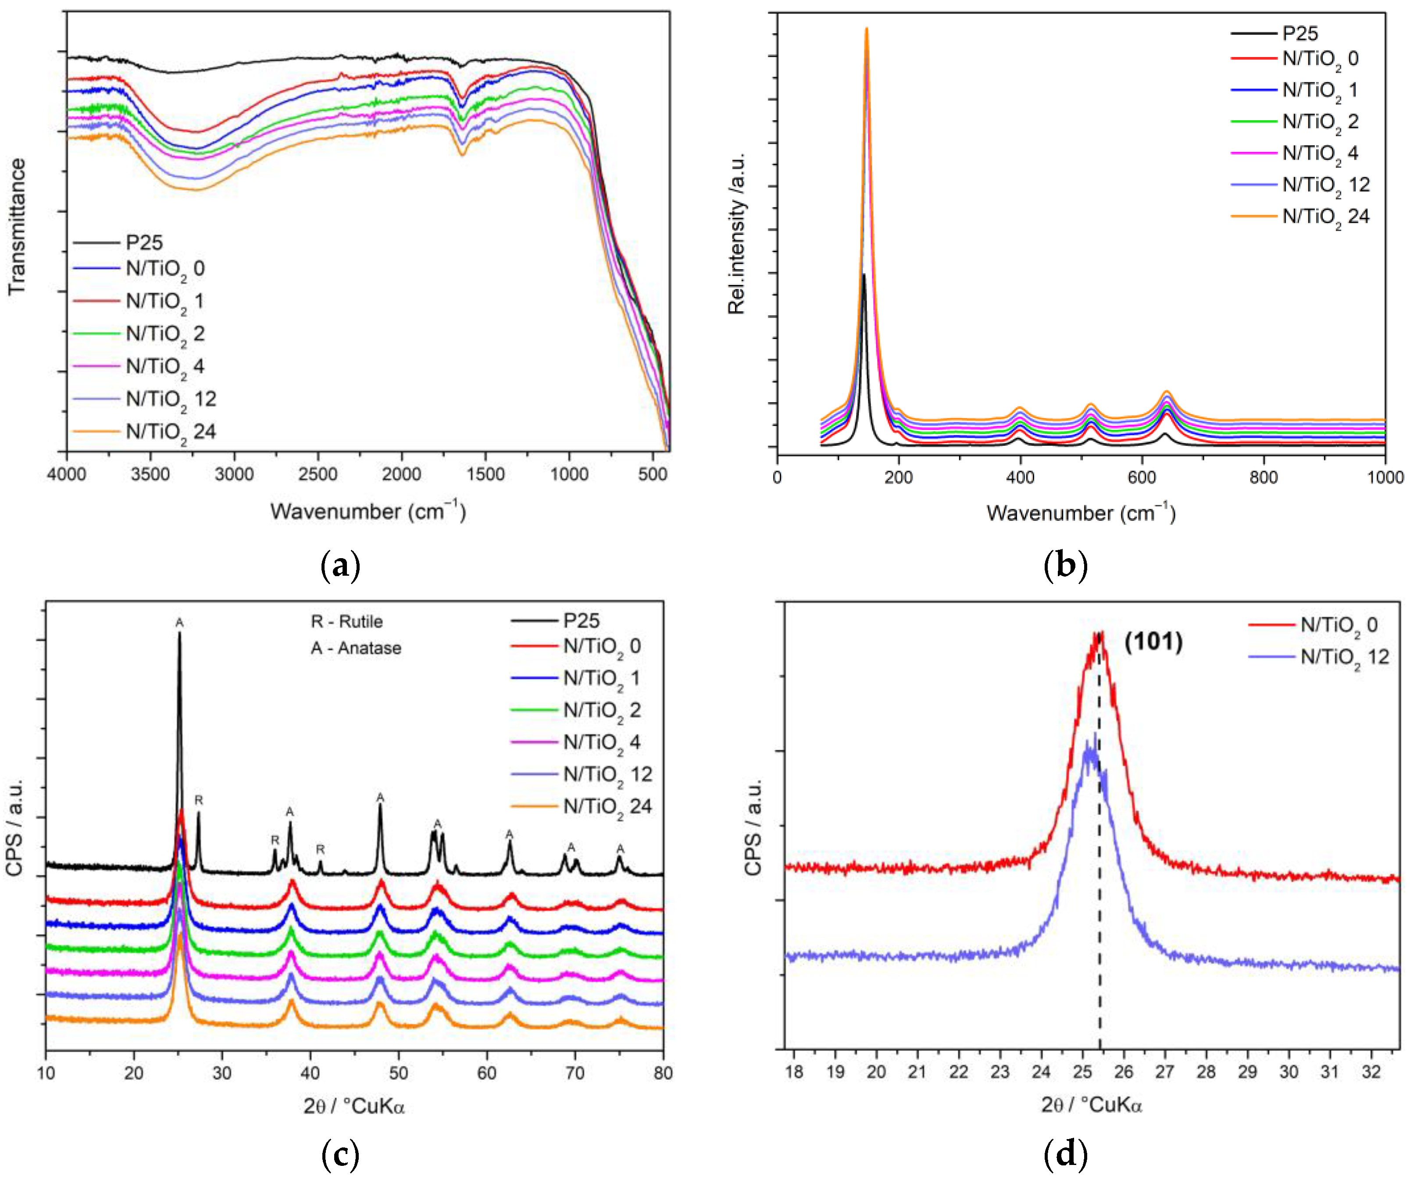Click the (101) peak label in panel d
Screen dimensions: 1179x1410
(1153, 642)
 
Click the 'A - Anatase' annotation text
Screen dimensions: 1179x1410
(356, 648)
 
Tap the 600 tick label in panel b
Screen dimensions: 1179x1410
(1142, 477)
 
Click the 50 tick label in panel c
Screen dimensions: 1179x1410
(398, 1072)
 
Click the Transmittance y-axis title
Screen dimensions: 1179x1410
(18, 226)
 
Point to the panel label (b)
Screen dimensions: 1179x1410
(1066, 565)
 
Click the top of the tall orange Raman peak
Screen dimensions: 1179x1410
(866, 29)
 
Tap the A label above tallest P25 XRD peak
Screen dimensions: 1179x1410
(179, 623)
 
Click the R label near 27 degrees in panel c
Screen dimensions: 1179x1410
(199, 800)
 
